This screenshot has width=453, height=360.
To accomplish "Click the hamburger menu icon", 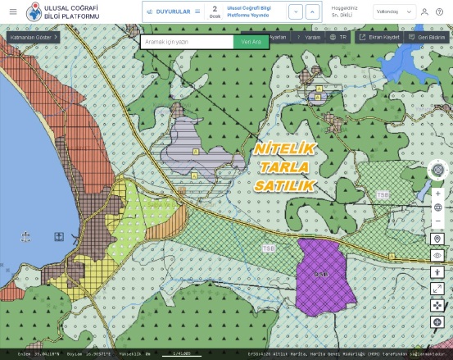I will [x=12, y=11].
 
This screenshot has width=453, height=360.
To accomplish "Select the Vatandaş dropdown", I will [x=394, y=12].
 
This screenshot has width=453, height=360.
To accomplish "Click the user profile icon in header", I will [x=424, y=12].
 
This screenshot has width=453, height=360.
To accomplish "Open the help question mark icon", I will [x=439, y=12].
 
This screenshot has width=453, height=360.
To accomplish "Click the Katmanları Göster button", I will [x=33, y=38].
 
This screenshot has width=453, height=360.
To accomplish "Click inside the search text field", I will [x=187, y=41].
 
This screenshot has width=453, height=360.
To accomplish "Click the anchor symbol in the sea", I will [x=26, y=237].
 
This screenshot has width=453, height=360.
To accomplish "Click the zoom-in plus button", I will [x=438, y=194].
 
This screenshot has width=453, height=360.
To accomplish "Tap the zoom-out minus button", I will [x=438, y=221].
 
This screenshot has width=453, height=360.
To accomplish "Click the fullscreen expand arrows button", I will [x=438, y=289].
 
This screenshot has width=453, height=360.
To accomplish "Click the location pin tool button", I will [x=438, y=239].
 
